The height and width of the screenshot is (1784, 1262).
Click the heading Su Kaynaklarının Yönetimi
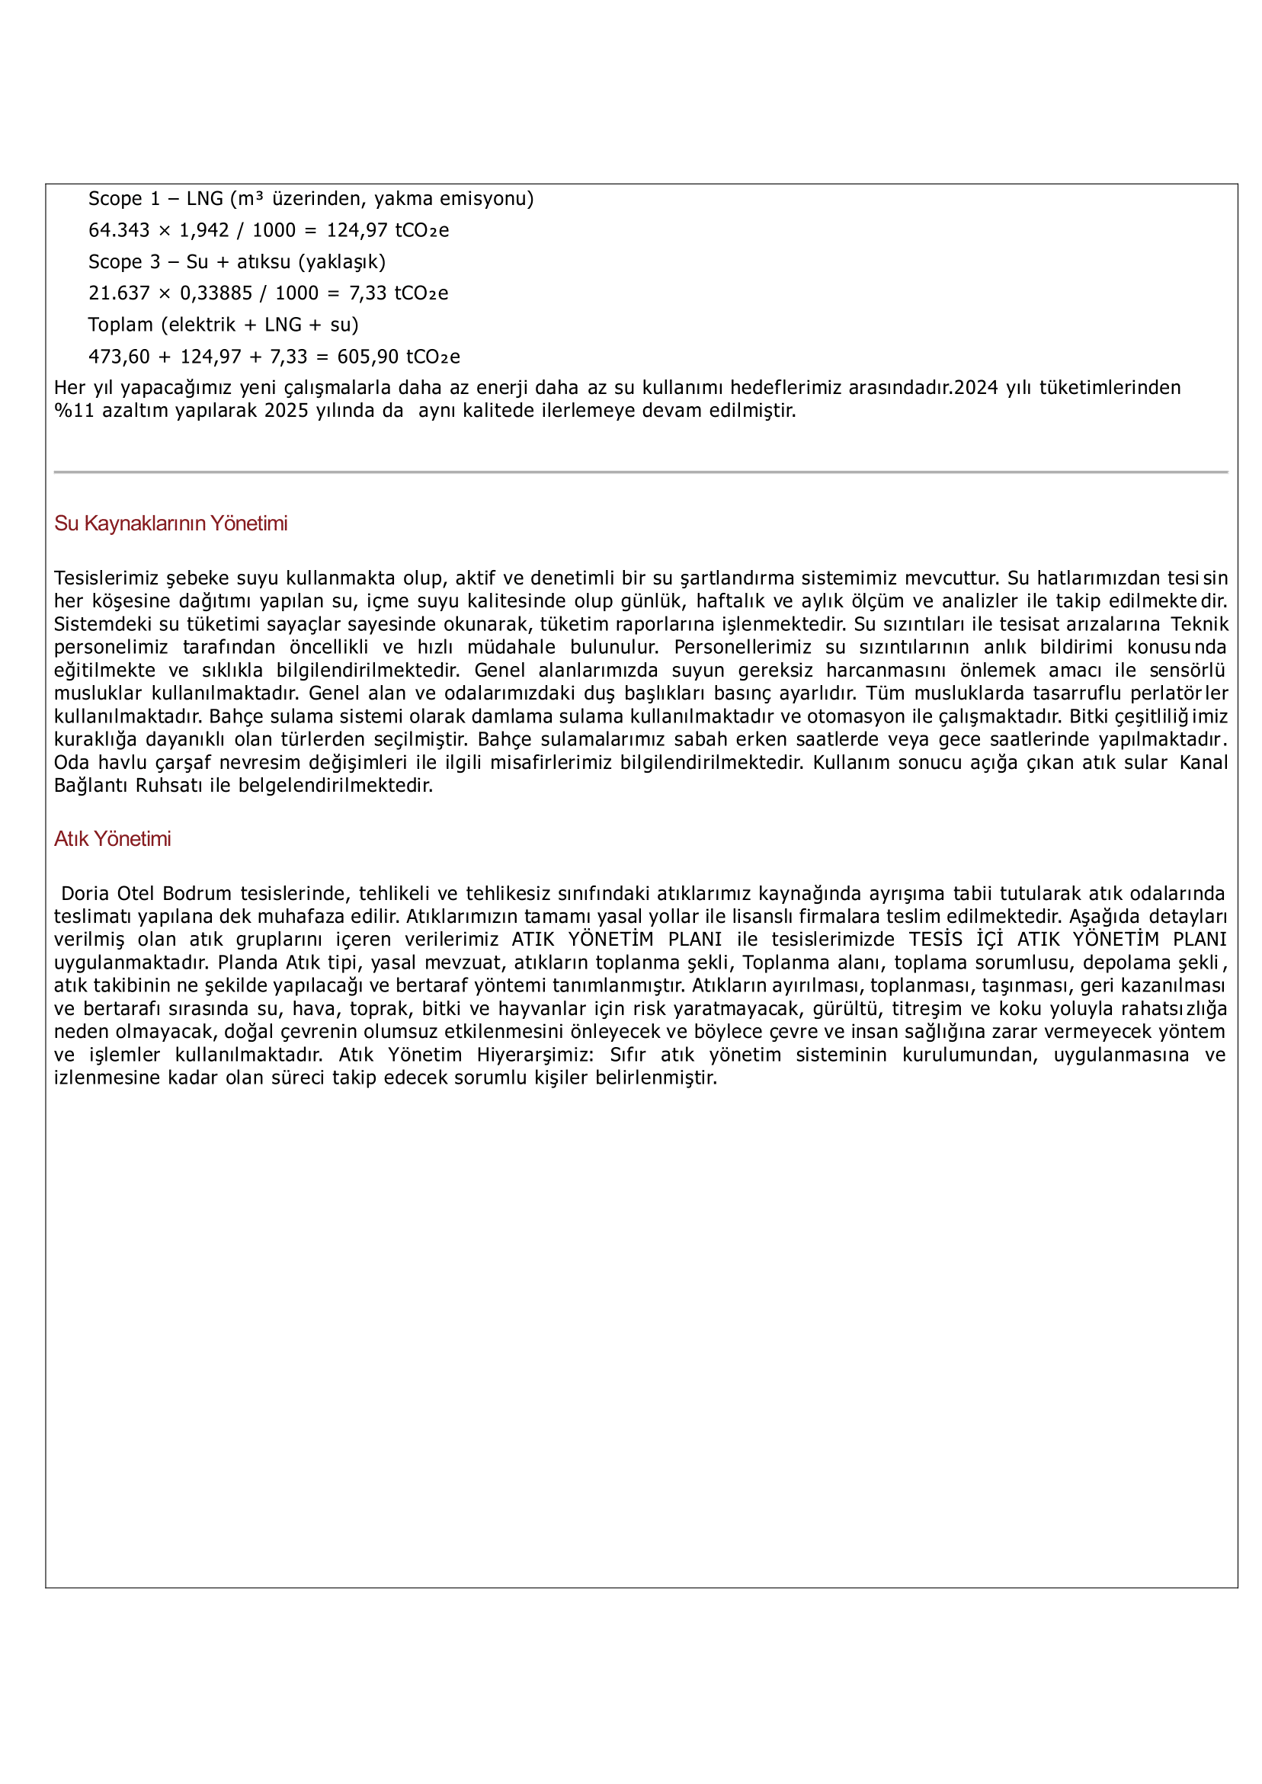170,524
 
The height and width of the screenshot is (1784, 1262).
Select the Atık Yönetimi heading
112,839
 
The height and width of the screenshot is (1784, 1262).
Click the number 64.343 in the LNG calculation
119,231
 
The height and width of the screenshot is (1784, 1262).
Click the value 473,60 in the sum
119,357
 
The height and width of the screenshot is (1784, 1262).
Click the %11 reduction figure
74,411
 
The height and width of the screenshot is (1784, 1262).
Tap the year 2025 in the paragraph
287,411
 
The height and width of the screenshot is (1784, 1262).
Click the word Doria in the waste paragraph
85,894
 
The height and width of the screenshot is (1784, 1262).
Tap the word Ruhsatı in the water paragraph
168,786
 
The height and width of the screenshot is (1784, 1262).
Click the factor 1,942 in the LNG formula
203,231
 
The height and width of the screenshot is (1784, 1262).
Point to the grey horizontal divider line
640,472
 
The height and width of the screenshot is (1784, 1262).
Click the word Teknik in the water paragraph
1199,625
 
